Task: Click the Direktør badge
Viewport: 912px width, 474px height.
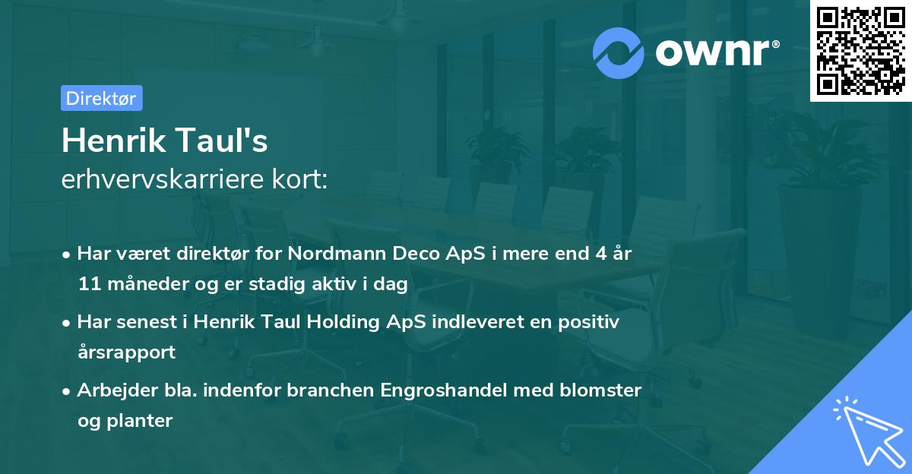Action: point(101,98)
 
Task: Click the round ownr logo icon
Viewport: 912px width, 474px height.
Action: point(619,52)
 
